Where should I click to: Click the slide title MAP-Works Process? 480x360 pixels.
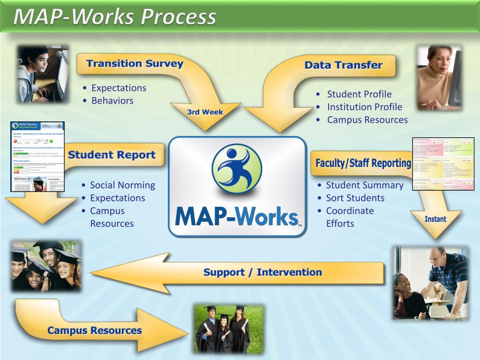click(x=115, y=17)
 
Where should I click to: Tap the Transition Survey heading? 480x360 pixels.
click(x=135, y=64)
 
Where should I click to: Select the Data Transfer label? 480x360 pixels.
click(x=343, y=65)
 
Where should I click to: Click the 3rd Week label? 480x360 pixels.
click(x=205, y=112)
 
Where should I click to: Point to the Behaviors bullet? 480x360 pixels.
click(x=112, y=100)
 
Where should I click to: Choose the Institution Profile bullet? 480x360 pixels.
click(x=364, y=107)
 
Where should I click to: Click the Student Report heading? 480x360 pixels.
click(x=112, y=155)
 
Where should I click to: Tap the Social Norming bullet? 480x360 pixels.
click(x=122, y=185)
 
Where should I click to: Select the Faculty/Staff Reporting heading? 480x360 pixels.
click(x=363, y=163)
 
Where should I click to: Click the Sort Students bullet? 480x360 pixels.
click(x=355, y=198)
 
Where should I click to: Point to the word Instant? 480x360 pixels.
click(x=435, y=219)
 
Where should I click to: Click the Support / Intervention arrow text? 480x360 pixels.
click(x=262, y=272)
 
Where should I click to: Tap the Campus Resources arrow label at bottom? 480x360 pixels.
click(x=94, y=330)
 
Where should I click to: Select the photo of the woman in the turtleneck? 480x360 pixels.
click(x=439, y=77)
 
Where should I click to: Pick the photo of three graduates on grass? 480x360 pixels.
click(x=228, y=329)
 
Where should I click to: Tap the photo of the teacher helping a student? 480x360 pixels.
click(x=430, y=283)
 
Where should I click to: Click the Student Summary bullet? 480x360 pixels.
click(x=364, y=185)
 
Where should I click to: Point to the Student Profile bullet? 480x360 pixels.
click(x=359, y=94)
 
